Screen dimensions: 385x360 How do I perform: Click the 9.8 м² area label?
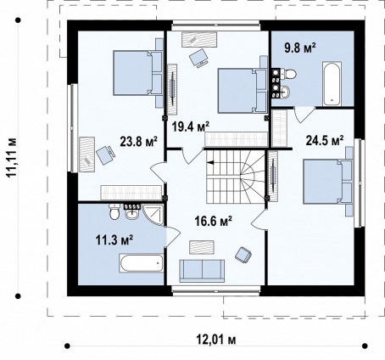(300, 48)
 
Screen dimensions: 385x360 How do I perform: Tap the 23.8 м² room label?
(138, 141)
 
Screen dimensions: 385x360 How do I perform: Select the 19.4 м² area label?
(191, 127)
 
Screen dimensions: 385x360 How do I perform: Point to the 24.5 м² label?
(325, 140)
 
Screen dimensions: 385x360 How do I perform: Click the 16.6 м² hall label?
(214, 221)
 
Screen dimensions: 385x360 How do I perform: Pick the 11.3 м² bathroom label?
(114, 240)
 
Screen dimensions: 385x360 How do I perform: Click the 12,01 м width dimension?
(216, 340)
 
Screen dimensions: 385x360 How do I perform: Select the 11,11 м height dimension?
(12, 157)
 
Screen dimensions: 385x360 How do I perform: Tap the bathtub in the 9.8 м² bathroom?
(332, 84)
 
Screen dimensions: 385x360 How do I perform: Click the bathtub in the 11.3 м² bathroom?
(142, 263)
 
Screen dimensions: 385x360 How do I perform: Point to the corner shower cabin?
(153, 214)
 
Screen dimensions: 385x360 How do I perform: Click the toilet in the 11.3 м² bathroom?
(114, 211)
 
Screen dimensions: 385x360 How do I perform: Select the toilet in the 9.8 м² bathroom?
(288, 74)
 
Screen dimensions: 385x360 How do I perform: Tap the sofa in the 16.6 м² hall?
(202, 271)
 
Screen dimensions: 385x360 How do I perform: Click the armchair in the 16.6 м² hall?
(243, 255)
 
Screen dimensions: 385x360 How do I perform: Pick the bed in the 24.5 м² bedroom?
(327, 182)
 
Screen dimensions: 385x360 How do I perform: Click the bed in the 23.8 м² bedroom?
(138, 73)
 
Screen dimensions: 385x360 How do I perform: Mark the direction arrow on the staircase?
(210, 162)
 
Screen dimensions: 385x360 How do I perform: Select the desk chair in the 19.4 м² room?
(198, 59)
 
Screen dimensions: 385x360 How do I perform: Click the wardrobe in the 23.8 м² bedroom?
(131, 193)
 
